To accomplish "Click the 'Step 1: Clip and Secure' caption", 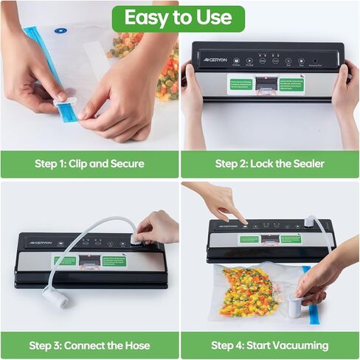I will pyautogui.click(x=89, y=164).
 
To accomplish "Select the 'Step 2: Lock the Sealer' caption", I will pyautogui.click(x=269, y=164).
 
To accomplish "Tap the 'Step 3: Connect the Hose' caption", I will pyautogui.click(x=89, y=345).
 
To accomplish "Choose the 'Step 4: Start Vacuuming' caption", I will pyautogui.click(x=269, y=345).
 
